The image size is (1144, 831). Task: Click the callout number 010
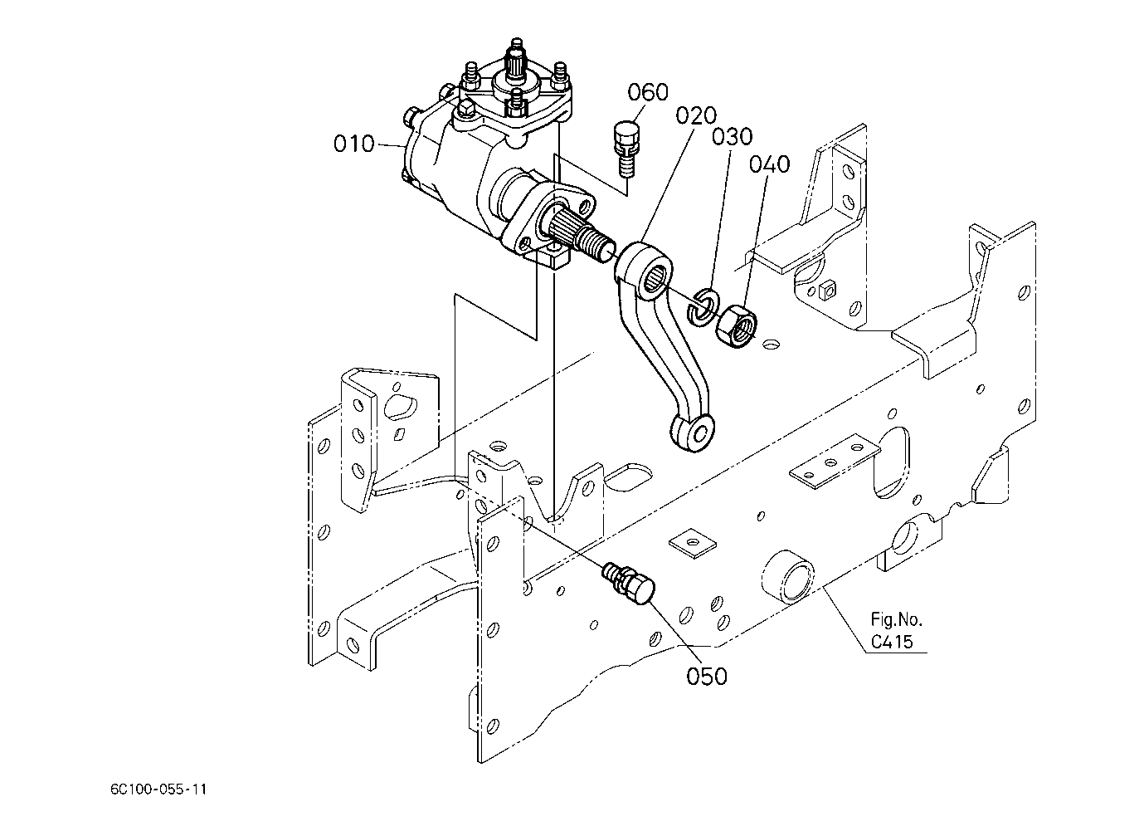tap(354, 144)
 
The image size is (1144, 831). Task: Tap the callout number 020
tap(696, 115)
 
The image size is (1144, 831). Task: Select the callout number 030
tap(733, 137)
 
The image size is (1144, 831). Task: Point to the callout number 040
tap(770, 164)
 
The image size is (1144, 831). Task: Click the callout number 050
tap(707, 676)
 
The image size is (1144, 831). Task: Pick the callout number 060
tap(648, 92)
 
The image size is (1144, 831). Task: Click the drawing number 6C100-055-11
tap(158, 789)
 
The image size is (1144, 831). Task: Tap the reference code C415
tap(892, 642)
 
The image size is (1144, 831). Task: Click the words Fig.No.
tap(896, 620)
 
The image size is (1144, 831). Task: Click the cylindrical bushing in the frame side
tap(789, 575)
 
